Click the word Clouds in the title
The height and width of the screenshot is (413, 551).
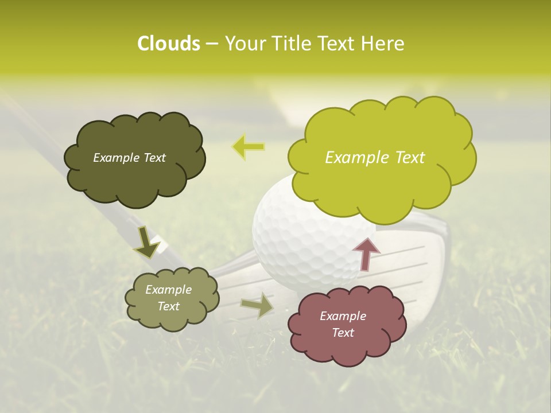click(168, 44)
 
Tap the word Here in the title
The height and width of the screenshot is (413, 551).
click(382, 44)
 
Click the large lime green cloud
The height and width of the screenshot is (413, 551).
click(382, 154)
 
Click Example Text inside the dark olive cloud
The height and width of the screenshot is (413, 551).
click(129, 158)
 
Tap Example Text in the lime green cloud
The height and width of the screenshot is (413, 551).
click(375, 158)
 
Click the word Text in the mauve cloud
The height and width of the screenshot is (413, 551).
click(343, 333)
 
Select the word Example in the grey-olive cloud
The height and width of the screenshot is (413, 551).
click(168, 290)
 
